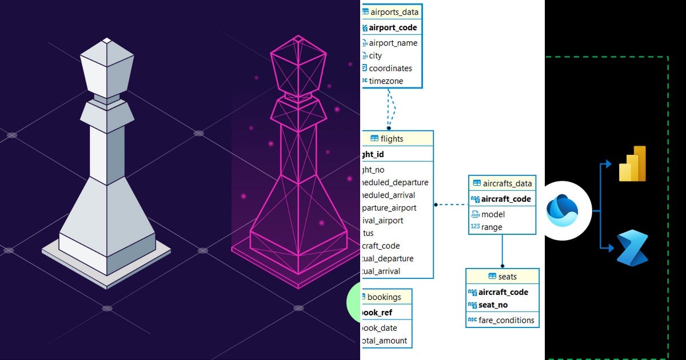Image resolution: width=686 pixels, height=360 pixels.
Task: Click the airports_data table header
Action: tap(394, 11)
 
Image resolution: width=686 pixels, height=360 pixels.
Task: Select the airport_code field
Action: tap(393, 27)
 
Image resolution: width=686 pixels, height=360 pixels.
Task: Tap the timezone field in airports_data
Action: tap(386, 81)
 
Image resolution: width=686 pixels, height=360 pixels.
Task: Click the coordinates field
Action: tap(390, 69)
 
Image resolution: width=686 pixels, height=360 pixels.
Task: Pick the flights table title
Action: tap(392, 139)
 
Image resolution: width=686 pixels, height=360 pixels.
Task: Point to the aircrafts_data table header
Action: tap(507, 183)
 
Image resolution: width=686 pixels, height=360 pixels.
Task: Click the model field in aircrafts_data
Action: tap(493, 214)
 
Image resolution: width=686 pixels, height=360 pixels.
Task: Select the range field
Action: tap(492, 227)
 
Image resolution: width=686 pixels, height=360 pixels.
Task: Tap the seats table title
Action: tap(507, 277)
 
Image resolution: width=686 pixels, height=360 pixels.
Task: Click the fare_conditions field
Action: tap(506, 320)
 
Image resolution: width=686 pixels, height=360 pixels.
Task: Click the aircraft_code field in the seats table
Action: tap(503, 292)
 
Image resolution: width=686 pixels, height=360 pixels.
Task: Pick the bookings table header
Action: tap(384, 297)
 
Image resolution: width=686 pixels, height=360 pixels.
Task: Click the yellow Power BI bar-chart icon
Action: tap(632, 164)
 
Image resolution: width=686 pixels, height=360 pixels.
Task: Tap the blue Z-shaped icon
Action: tap(632, 248)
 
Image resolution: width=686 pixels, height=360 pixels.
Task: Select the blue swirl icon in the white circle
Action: tap(563, 210)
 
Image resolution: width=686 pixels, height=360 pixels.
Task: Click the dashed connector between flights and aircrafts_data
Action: tap(452, 204)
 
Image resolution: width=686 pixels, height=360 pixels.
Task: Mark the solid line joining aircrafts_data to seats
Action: tap(502, 250)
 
